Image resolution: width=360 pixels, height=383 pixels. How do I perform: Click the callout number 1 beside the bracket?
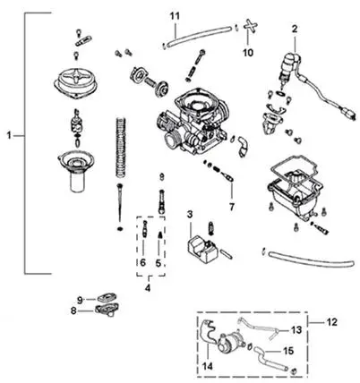click(9, 136)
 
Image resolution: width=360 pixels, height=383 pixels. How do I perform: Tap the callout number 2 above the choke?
click(295, 29)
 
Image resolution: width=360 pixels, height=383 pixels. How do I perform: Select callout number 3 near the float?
click(190, 214)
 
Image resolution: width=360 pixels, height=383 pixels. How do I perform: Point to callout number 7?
click(232, 207)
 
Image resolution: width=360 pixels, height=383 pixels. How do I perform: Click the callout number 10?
click(248, 53)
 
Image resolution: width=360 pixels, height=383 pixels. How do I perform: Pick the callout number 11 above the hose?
click(176, 16)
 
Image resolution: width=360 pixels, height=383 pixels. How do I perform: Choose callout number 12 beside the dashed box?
click(331, 322)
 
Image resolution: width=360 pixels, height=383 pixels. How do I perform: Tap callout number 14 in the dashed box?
click(208, 366)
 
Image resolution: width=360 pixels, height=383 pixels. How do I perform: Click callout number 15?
click(288, 351)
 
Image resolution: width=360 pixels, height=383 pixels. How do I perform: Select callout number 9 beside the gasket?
click(80, 300)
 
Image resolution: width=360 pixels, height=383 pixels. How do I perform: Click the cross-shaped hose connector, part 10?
click(250, 26)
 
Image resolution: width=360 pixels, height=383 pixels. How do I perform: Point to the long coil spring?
click(121, 149)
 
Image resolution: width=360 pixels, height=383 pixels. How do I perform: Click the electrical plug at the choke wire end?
click(348, 115)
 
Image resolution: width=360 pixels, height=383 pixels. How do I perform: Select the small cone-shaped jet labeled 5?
click(160, 234)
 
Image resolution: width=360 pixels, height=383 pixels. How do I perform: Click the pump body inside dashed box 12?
click(230, 343)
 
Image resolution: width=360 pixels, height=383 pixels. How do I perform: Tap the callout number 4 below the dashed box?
click(148, 288)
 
